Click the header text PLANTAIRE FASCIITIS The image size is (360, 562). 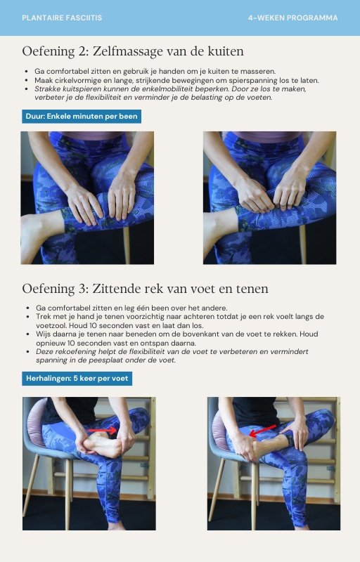pyautogui.click(x=62, y=18)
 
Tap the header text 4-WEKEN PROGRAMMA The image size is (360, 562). pyautogui.click(x=292, y=18)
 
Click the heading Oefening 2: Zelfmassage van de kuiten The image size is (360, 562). pyautogui.click(x=133, y=51)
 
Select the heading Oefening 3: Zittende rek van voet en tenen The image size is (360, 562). pyautogui.click(x=145, y=289)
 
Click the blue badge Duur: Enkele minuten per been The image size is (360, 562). pyautogui.click(x=82, y=116)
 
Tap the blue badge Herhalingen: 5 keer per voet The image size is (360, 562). pyautogui.click(x=77, y=379)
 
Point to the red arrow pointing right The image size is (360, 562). pyautogui.click(x=103, y=430)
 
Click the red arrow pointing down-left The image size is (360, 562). pyautogui.click(x=262, y=431)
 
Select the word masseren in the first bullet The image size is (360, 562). pyautogui.click(x=260, y=72)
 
